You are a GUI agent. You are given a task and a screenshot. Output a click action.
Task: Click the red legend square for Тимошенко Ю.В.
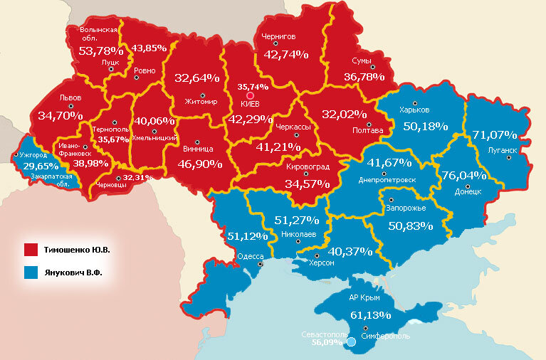(x=31, y=250)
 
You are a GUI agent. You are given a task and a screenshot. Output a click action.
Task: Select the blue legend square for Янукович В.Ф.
(x=31, y=272)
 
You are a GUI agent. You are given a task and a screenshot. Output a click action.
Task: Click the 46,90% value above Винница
(x=197, y=164)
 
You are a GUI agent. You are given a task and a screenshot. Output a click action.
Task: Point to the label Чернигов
(x=278, y=36)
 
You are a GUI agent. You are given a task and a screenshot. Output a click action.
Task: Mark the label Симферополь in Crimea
(x=384, y=335)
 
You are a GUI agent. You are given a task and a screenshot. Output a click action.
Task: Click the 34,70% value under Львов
(x=61, y=115)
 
